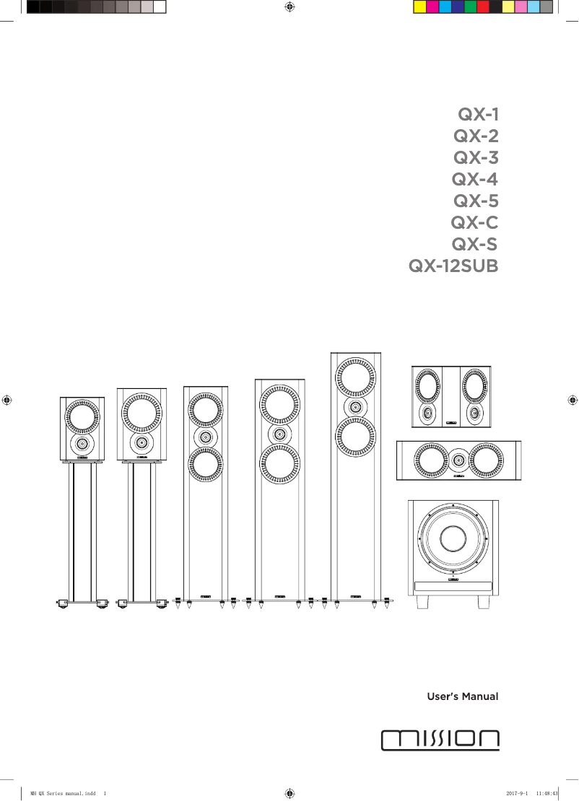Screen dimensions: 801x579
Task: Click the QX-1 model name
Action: tap(478, 114)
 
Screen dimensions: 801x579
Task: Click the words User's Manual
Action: tap(463, 697)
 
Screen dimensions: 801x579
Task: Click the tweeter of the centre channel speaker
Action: tap(458, 458)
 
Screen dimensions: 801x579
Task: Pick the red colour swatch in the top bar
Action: tap(483, 7)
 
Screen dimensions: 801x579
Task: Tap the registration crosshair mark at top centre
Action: tap(289, 7)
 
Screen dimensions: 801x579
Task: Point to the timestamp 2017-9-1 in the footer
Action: tap(518, 792)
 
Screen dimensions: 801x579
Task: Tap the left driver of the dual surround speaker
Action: tap(427, 388)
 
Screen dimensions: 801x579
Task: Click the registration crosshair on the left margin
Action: tap(6, 398)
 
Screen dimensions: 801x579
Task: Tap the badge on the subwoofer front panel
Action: tap(454, 579)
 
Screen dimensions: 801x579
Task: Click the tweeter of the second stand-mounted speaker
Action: tap(141, 442)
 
